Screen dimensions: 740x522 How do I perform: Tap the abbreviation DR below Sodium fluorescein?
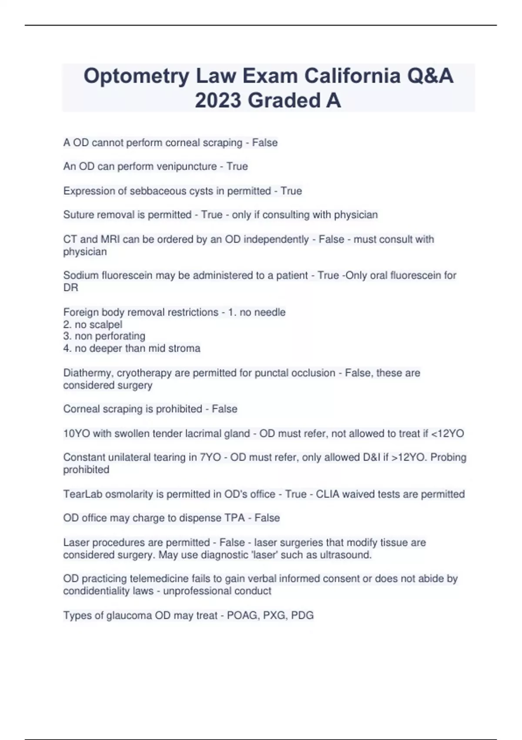(70, 288)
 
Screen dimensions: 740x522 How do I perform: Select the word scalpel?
(104, 324)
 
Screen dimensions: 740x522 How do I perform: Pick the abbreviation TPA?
(234, 518)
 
